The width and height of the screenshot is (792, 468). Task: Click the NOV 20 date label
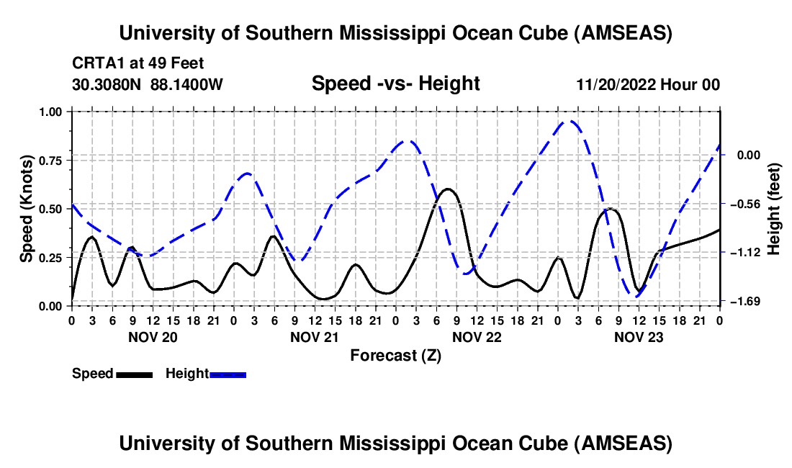[152, 336]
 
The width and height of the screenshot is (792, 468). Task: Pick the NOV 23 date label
[638, 336]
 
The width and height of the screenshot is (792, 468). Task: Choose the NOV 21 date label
[314, 336]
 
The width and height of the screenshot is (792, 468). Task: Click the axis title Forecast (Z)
[395, 355]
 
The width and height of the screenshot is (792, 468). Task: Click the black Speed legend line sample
[134, 374]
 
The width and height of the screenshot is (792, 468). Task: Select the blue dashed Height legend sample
[228, 374]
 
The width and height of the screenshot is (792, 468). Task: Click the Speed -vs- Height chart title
[395, 84]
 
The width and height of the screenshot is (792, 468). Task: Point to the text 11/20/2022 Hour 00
[648, 84]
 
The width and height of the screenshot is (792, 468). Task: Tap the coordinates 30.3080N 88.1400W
[148, 84]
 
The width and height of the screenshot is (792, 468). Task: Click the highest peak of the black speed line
[449, 189]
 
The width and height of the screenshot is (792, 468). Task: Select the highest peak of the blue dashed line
[570, 121]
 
